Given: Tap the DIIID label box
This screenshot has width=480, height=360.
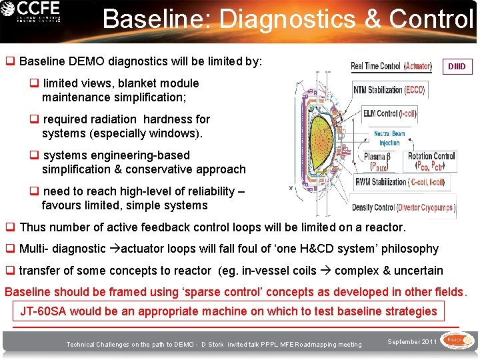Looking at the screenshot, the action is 457,67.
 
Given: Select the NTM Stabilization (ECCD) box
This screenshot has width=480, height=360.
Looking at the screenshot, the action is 389,89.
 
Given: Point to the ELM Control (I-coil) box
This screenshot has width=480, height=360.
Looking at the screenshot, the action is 390,113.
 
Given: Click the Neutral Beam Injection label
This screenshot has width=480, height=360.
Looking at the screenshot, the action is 389,138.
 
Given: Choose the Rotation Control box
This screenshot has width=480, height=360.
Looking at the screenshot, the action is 431,161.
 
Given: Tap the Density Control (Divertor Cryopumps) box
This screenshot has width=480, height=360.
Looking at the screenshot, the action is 403,207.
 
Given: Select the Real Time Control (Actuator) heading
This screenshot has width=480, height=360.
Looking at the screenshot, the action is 391,66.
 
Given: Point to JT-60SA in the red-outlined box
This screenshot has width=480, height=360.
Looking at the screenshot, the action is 43,311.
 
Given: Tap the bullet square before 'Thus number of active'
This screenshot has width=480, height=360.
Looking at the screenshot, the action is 10,227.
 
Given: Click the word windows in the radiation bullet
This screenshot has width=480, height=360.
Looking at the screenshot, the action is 181,133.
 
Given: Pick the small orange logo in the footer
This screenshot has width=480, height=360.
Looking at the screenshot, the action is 456,341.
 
